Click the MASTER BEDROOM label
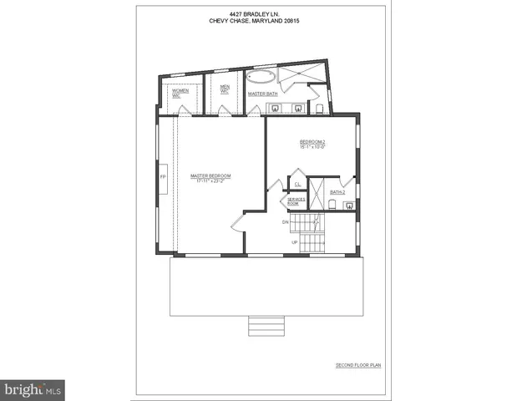[210, 175]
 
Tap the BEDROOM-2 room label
[312, 142]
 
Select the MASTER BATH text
[262, 94]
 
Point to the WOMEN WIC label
[177, 93]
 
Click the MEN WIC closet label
[225, 88]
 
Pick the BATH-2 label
[337, 192]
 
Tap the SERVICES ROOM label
[296, 202]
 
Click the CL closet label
[297, 183]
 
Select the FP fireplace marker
[164, 177]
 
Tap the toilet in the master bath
[320, 106]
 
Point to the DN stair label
[285, 222]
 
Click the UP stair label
[295, 242]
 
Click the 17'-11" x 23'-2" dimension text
[210, 180]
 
